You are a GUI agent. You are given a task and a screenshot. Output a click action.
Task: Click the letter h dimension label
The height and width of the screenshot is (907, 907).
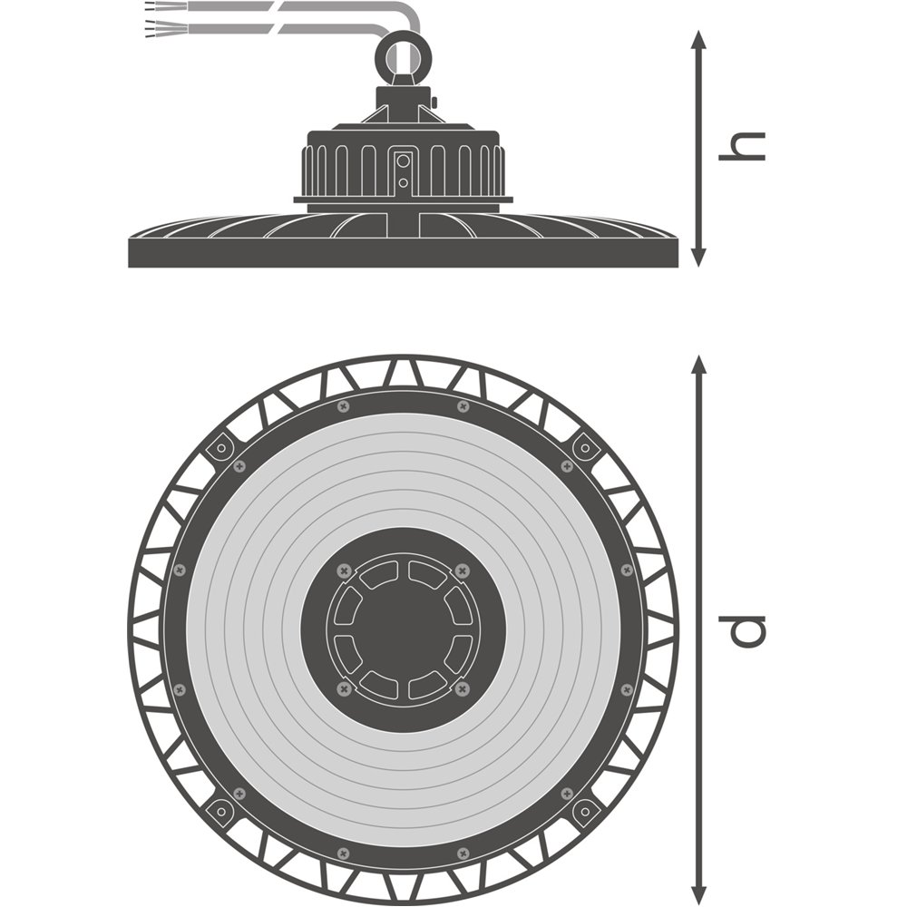click(743, 146)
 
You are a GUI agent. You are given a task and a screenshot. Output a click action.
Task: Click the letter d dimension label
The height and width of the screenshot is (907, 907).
click(743, 629)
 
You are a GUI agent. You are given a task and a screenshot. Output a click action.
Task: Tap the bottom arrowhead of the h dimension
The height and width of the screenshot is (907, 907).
click(698, 258)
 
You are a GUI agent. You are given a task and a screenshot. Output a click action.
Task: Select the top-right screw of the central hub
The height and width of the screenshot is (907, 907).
click(463, 571)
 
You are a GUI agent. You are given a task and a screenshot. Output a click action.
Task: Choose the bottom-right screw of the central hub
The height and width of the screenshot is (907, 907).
click(463, 690)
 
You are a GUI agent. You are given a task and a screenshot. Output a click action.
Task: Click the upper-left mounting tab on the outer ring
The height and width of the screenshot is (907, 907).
click(220, 447)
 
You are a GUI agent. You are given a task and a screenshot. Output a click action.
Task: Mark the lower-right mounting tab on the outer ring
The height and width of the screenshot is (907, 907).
click(585, 809)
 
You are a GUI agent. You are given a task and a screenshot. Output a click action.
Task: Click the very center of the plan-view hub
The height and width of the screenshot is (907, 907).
click(403, 630)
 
